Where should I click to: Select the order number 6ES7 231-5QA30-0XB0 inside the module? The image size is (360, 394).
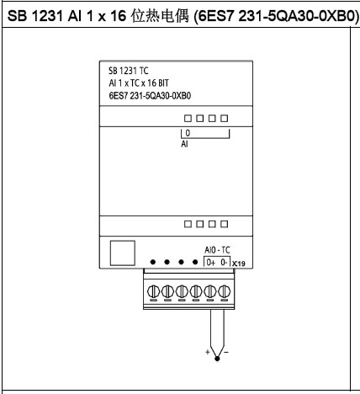pos(150,96)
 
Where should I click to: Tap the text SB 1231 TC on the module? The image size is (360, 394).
pos(129,71)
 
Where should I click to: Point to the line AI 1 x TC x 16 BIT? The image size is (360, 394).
pos(139,83)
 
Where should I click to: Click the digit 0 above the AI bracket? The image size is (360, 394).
pos(188,133)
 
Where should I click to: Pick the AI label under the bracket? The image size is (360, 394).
pos(184,144)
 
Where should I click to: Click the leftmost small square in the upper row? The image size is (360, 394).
pos(188,119)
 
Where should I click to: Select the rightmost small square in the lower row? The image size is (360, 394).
pos(224,224)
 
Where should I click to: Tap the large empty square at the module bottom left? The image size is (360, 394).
pos(123,253)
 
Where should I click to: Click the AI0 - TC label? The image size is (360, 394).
pos(217,250)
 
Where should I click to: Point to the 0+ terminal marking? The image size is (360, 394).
pos(210,263)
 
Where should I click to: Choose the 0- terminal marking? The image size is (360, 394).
pos(224,263)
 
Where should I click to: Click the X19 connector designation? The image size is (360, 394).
pos(239,264)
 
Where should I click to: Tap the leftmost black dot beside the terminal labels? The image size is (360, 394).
pos(153,262)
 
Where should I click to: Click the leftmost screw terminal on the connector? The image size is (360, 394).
pos(153,291)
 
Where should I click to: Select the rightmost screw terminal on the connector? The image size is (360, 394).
pos(225,291)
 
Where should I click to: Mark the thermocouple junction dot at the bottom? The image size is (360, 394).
pos(217,359)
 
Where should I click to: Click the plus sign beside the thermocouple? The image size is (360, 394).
pos(208,352)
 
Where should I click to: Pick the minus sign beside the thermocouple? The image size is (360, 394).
pos(226,352)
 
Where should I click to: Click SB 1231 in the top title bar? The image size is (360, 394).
pos(34,16)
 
